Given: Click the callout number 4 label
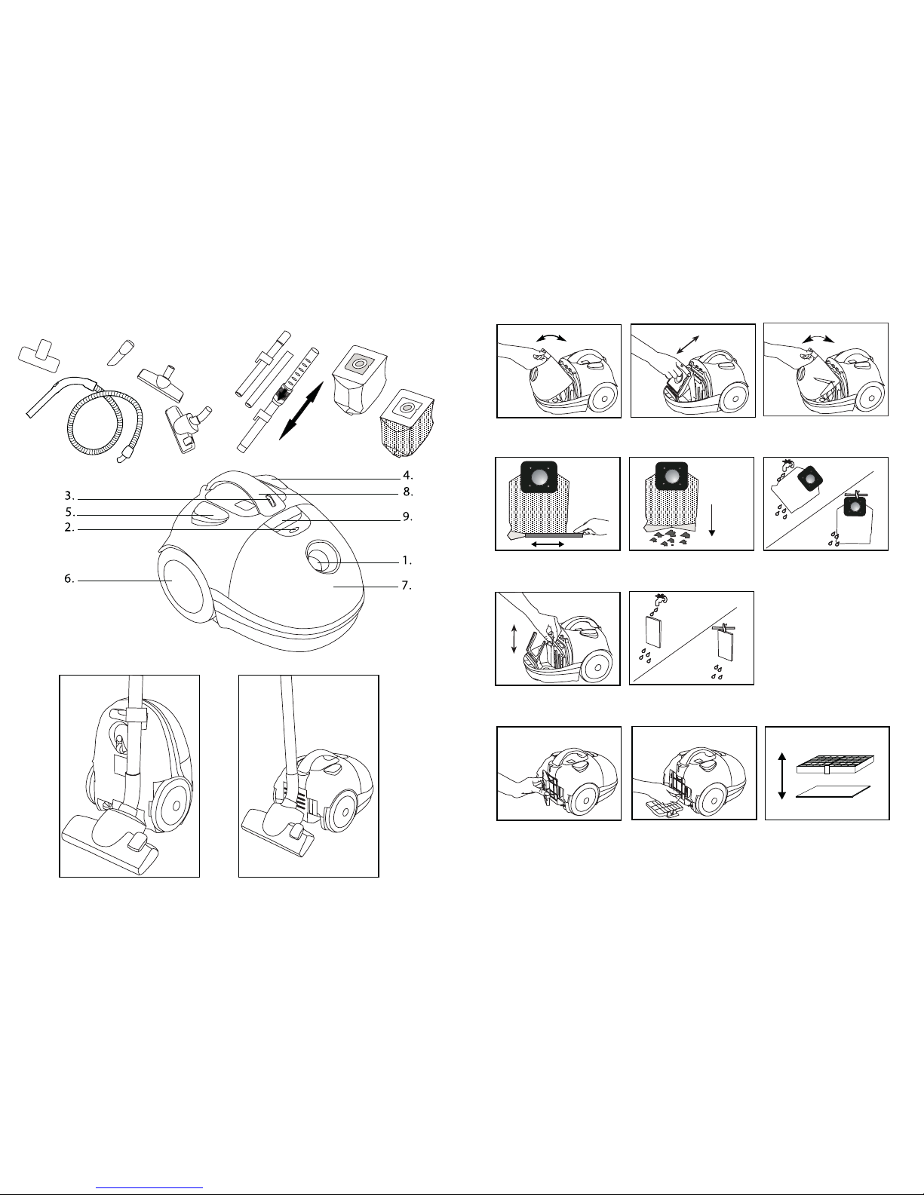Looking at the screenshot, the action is (x=407, y=475).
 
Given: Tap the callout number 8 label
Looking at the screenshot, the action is (x=408, y=492).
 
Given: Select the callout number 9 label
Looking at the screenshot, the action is (x=407, y=517).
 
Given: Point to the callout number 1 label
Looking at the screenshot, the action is (x=407, y=561).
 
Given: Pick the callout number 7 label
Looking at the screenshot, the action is (x=407, y=586).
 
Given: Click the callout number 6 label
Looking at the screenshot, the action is (x=69, y=578).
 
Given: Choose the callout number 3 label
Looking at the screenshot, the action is (x=69, y=496).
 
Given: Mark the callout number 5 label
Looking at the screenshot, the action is (x=70, y=513).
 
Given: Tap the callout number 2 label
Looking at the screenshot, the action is (x=69, y=528).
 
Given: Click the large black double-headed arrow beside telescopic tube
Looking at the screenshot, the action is (x=301, y=411).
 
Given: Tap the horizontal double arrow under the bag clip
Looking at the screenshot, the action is (x=548, y=544).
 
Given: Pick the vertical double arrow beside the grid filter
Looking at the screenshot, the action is (x=783, y=776).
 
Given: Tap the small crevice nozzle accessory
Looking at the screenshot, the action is (x=121, y=352).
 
